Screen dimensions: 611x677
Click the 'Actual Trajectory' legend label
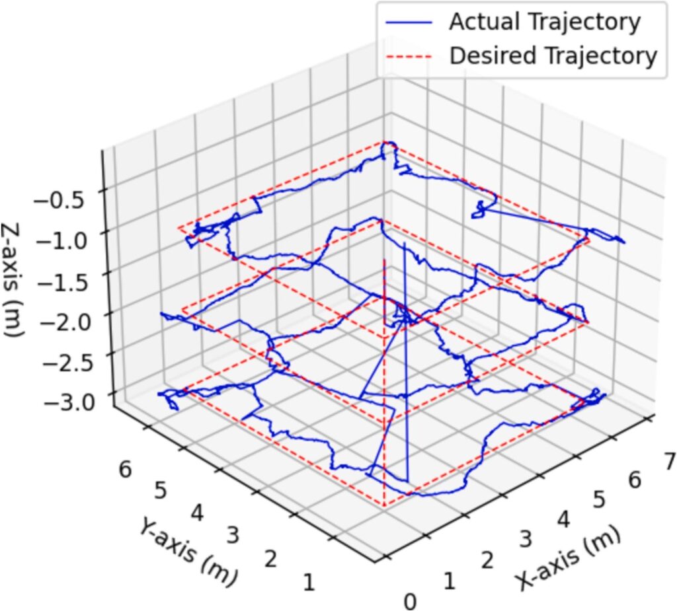544,22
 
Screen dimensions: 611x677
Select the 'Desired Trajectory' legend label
553,55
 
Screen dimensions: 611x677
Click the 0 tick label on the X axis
411,601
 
